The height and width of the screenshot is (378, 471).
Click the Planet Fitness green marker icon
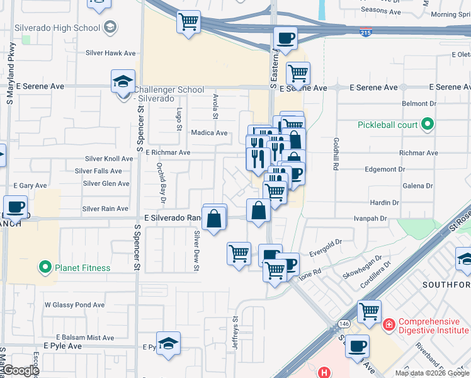click(x=45, y=268)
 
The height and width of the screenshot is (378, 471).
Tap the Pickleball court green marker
click(x=428, y=125)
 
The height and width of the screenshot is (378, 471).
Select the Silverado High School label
click(x=63, y=28)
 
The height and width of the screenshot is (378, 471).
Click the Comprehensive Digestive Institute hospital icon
click(x=390, y=324)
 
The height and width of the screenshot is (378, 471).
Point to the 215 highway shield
click(x=366, y=31)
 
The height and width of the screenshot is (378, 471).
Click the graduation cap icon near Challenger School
click(x=123, y=81)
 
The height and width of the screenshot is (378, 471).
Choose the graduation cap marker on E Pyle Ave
click(x=168, y=344)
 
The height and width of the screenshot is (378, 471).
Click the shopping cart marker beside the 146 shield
click(x=369, y=311)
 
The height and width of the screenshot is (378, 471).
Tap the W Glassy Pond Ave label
click(x=74, y=305)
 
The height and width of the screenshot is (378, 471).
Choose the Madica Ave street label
click(x=210, y=133)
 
